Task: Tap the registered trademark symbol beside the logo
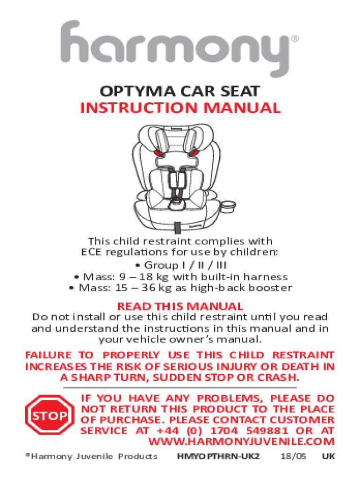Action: [295, 39]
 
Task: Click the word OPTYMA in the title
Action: [138, 91]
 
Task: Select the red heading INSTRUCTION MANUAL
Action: [180, 108]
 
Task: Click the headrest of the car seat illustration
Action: [176, 138]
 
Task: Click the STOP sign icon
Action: [50, 415]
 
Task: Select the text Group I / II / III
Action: [185, 265]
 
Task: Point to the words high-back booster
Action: [241, 288]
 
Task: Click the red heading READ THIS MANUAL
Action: [180, 306]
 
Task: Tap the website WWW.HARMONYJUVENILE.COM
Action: [241, 442]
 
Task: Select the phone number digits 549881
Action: [267, 431]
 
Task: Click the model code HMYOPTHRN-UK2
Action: [218, 457]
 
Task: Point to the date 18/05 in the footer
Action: [293, 457]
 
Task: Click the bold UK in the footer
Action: [329, 457]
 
